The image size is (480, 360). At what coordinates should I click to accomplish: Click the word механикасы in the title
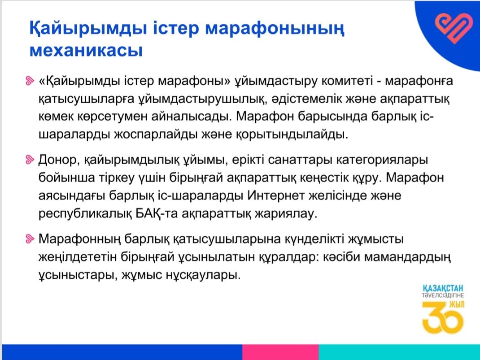coord(86,51)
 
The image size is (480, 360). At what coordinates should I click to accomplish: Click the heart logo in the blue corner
coord(454,28)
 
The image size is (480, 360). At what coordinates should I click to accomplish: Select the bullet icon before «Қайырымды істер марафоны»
coord(30,81)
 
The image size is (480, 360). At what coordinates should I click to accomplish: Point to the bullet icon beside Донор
coord(30,160)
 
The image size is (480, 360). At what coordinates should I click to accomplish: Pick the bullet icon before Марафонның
coord(30,239)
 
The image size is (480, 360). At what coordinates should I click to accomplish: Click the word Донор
coord(59,160)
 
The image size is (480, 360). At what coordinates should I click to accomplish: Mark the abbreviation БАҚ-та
coord(157,213)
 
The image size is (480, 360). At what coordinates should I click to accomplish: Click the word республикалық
coord(85,214)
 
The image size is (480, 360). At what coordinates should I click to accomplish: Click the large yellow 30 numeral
coord(441,317)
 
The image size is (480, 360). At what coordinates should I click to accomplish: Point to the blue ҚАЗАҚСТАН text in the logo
coord(443,288)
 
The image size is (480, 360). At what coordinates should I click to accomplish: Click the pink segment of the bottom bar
coord(280,352)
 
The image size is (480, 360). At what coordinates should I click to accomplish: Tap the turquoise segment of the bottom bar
coord(399,352)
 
